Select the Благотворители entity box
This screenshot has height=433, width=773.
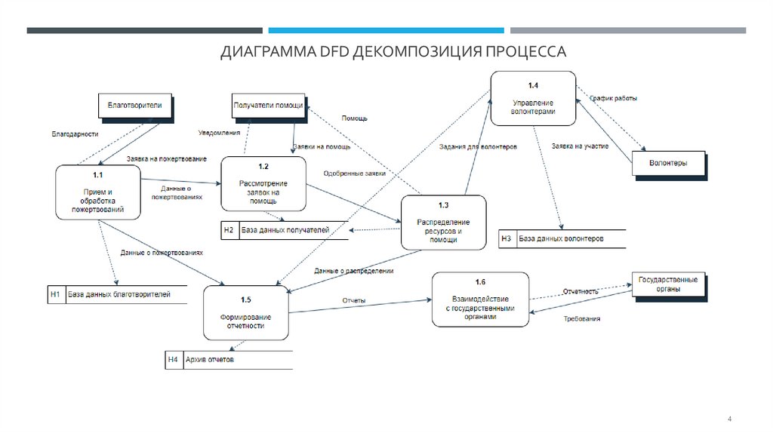click(135, 105)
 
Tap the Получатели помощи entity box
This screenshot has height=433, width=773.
click(269, 106)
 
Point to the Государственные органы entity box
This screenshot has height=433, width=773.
click(667, 284)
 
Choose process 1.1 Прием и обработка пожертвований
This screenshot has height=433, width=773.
click(97, 192)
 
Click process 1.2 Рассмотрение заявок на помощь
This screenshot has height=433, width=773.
click(263, 184)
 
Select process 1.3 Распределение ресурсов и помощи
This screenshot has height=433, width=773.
click(443, 223)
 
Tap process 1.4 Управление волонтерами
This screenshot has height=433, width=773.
click(534, 99)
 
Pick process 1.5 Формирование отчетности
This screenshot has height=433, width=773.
click(246, 312)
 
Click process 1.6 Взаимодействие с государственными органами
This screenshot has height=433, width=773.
click(480, 299)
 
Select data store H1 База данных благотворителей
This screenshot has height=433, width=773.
click(117, 294)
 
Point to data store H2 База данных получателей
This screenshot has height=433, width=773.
click(285, 230)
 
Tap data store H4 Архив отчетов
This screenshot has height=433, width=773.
click(228, 360)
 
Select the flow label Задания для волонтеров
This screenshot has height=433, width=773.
click(478, 146)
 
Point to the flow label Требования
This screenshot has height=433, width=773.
click(582, 319)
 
